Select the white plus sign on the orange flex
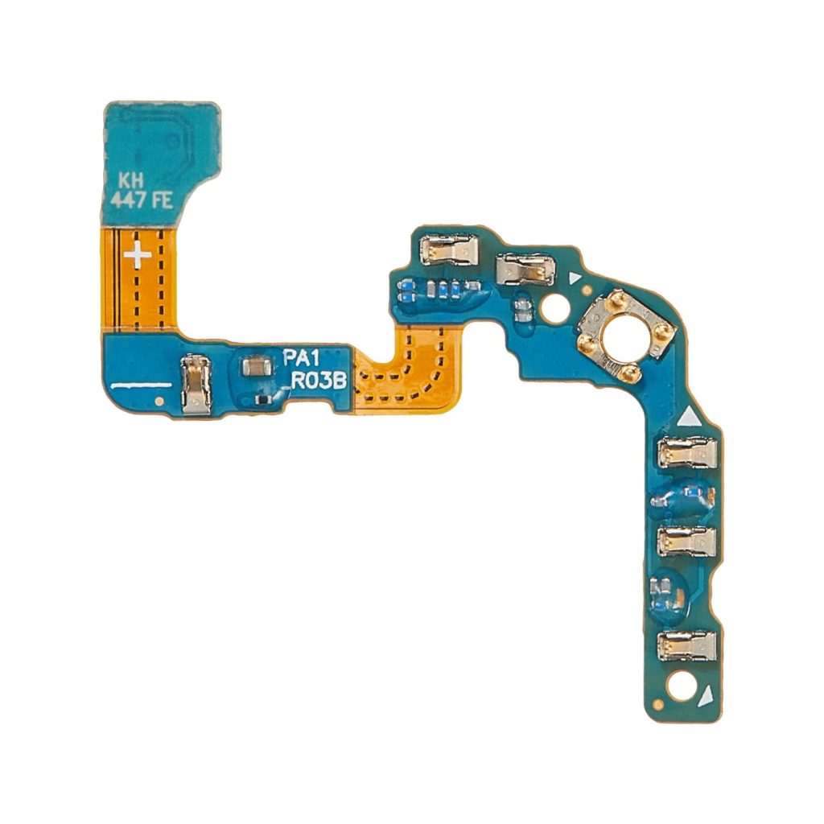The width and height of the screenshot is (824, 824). click(x=138, y=255)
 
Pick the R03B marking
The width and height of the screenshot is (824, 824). click(x=319, y=381)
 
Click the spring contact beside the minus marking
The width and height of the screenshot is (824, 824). click(x=196, y=385)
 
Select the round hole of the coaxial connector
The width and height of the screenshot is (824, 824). click(x=624, y=334)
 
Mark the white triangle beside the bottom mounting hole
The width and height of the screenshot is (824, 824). click(x=706, y=694)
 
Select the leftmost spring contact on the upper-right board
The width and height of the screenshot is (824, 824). click(x=451, y=250)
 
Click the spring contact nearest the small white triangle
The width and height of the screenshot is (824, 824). click(x=525, y=270)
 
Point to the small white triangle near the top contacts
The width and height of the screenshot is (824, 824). click(x=575, y=278)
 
